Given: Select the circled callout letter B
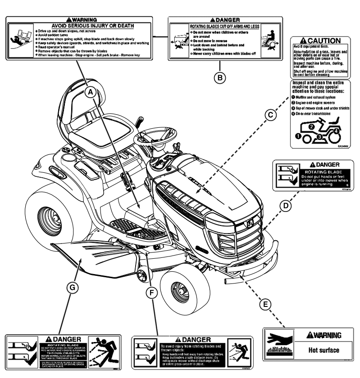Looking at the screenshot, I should [x=219, y=77].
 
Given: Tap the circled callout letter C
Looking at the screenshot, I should [x=271, y=116].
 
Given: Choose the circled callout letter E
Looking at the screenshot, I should [x=266, y=304].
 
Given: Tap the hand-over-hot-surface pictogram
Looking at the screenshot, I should [x=279, y=342].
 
